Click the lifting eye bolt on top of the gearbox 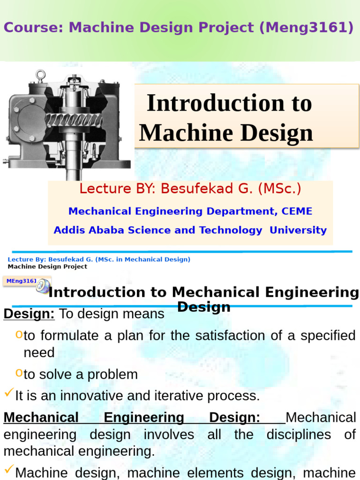(x=41, y=75)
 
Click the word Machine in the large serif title (x=179, y=133)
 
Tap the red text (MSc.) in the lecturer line (x=280, y=189)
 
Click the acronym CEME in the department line (x=297, y=211)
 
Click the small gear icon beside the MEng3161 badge (x=43, y=286)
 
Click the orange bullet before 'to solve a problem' (x=19, y=373)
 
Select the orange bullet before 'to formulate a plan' (x=19, y=334)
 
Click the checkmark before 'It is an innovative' (x=8, y=394)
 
